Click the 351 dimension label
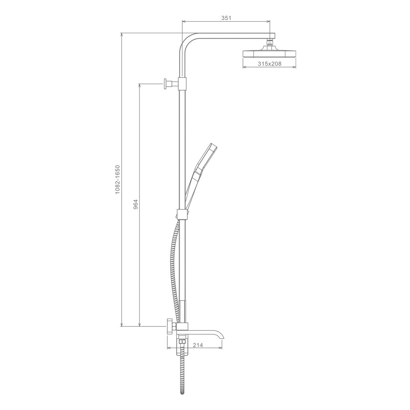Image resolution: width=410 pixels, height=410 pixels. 226,18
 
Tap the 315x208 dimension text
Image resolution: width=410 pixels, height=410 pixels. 269,64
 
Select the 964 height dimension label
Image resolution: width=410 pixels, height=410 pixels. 135,204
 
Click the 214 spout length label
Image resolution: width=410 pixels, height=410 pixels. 198,345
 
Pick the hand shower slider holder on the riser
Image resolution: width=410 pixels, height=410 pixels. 182,213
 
